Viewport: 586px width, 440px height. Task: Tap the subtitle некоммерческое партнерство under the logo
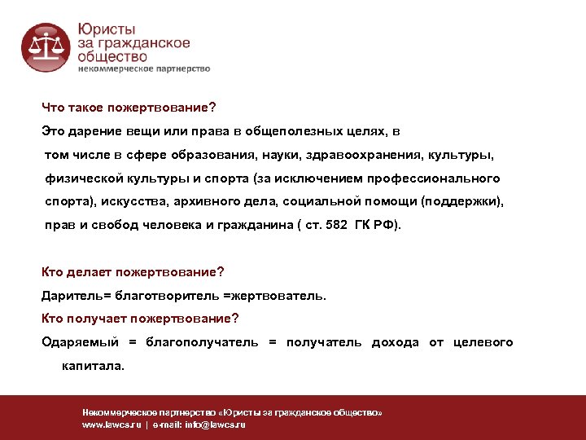pyautogui.click(x=144, y=69)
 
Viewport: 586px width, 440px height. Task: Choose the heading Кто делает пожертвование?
pyautogui.click(x=133, y=272)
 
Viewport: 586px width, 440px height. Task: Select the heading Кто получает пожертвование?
pyautogui.click(x=140, y=319)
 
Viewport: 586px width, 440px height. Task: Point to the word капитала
pyautogui.click(x=94, y=366)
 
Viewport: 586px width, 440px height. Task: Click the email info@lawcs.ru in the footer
pyautogui.click(x=215, y=425)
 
